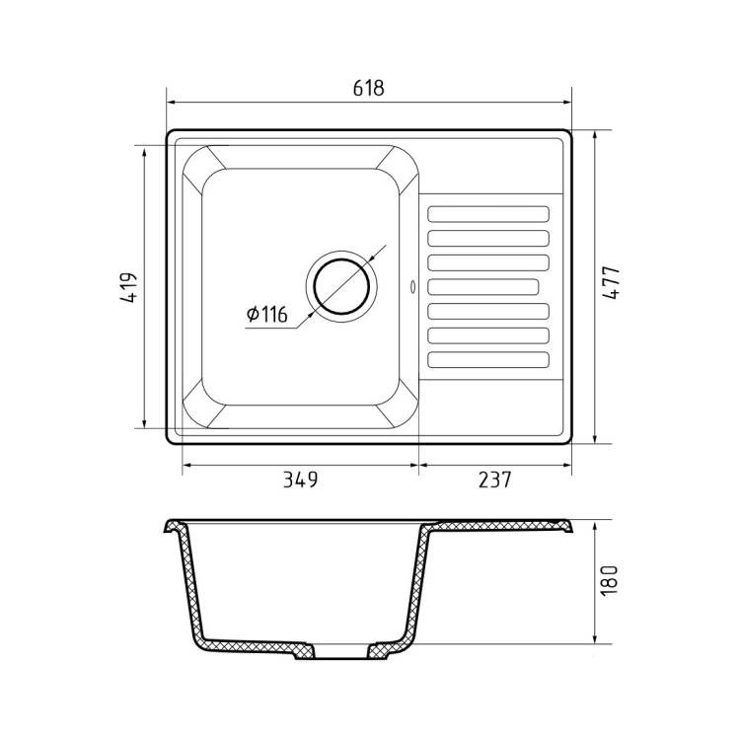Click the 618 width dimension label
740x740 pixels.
(369, 88)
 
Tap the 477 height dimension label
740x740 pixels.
(612, 283)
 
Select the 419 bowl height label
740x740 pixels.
(129, 287)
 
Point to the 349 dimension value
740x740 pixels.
(300, 480)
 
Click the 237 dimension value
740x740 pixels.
(494, 480)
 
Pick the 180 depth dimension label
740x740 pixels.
(609, 580)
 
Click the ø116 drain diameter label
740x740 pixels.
(267, 314)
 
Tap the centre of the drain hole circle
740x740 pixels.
(341, 286)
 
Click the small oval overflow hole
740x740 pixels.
(413, 286)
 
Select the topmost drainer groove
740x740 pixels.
(488, 214)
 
